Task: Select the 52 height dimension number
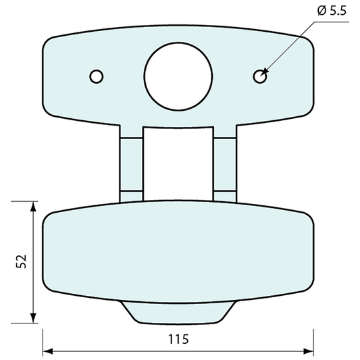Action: pyautogui.click(x=20, y=261)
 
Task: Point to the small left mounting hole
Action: pyautogui.click(x=97, y=76)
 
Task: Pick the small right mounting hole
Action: pyautogui.click(x=259, y=76)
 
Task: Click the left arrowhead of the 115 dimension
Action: pyautogui.click(x=47, y=351)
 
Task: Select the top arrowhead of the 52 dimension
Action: pyautogui.click(x=32, y=205)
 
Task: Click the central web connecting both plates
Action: pyautogui.click(x=178, y=162)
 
